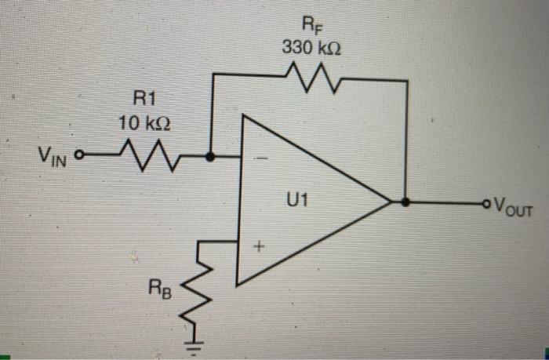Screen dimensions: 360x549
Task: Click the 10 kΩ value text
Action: click(x=143, y=124)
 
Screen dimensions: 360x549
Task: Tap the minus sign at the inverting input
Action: click(x=259, y=159)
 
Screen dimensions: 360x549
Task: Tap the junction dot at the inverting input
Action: click(x=210, y=156)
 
